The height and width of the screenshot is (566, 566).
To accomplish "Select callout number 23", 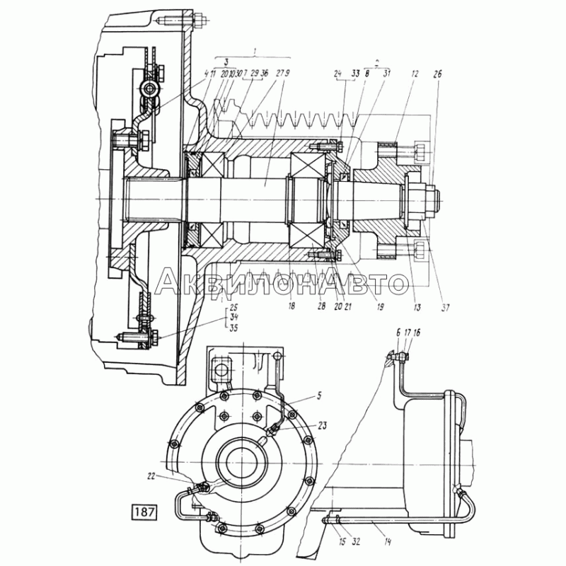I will pos(323,425).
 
